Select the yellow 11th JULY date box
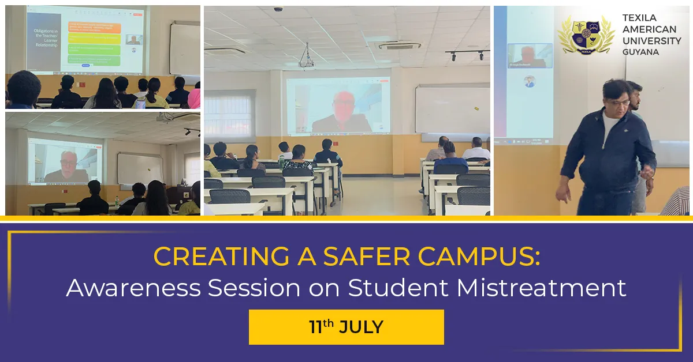click(346, 327)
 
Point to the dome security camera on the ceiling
click(278, 10)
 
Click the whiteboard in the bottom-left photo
click(140, 168)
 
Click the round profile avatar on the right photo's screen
click(529, 81)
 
